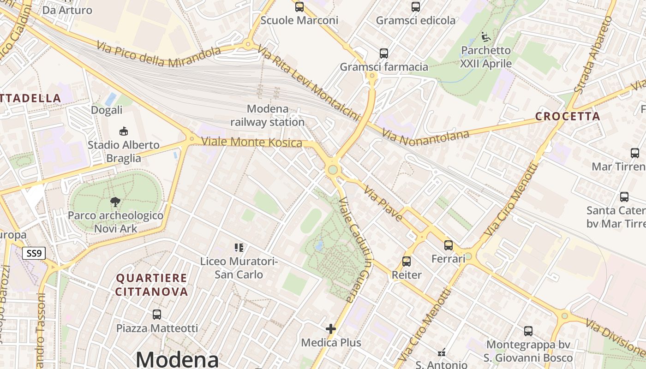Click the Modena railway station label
point(267,116)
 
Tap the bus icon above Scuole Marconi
point(299,7)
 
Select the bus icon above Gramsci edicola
point(416,7)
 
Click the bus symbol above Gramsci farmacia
point(384,54)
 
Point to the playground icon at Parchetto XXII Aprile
point(485,36)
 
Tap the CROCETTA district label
point(568,116)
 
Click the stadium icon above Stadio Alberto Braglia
point(124,131)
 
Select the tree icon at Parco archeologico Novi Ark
point(115,202)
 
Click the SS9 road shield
point(35,253)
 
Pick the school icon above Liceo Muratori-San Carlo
point(239,248)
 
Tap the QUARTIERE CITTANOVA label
point(152,285)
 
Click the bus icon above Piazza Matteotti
point(157,315)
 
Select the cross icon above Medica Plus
point(331,329)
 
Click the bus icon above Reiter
point(407,262)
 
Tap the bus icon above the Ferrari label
point(449,245)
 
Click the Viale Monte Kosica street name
point(252,142)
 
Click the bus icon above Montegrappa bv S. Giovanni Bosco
point(528,331)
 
